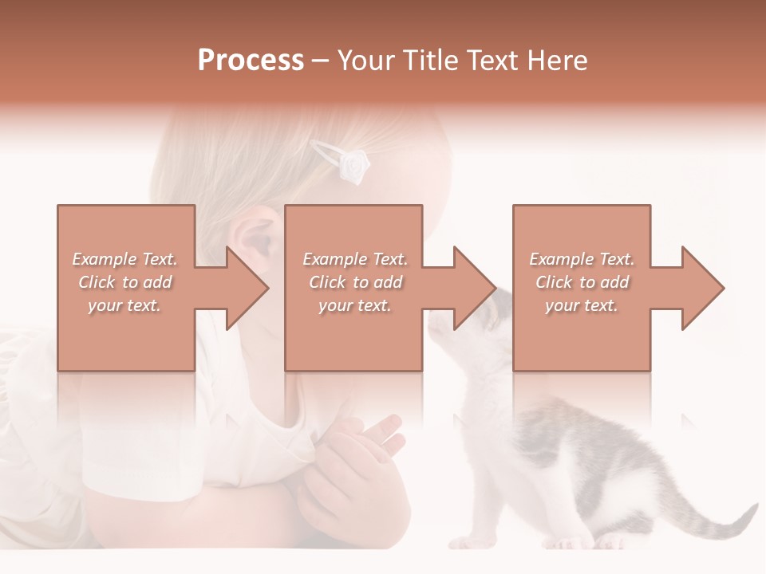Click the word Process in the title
point(251,61)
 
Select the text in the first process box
point(124,282)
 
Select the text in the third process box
point(582,282)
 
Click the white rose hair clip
point(352,164)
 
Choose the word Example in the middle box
point(330,259)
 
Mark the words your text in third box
point(582,305)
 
